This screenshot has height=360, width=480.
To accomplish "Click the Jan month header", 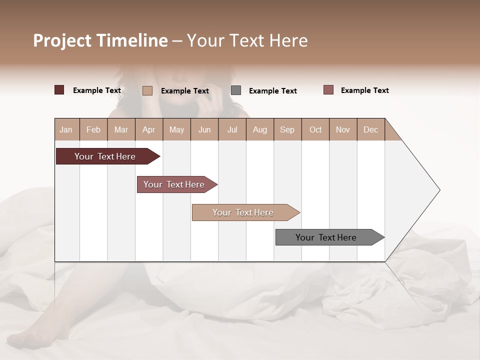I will coord(66,129).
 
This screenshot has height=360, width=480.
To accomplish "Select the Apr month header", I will coord(149,129).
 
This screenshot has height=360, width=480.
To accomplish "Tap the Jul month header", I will coord(232,129).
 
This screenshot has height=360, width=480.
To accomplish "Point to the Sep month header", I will coord(287,129).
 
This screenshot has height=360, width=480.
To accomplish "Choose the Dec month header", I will coord(370,129).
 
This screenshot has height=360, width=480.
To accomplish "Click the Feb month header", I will coord(93,129).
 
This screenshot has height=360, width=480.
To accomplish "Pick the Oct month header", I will coord(315,129).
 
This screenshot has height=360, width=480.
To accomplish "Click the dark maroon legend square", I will coord(59,90).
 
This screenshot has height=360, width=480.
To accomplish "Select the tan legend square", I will coord(147,90).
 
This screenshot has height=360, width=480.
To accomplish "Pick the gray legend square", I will coord(236,90).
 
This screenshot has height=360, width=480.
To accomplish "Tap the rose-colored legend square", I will coord(328,90).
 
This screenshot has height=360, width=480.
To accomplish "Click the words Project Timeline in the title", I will coord(100,40).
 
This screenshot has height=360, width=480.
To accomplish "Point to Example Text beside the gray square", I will coord(272,90).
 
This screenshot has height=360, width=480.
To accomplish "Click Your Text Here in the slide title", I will coord(247,40).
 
